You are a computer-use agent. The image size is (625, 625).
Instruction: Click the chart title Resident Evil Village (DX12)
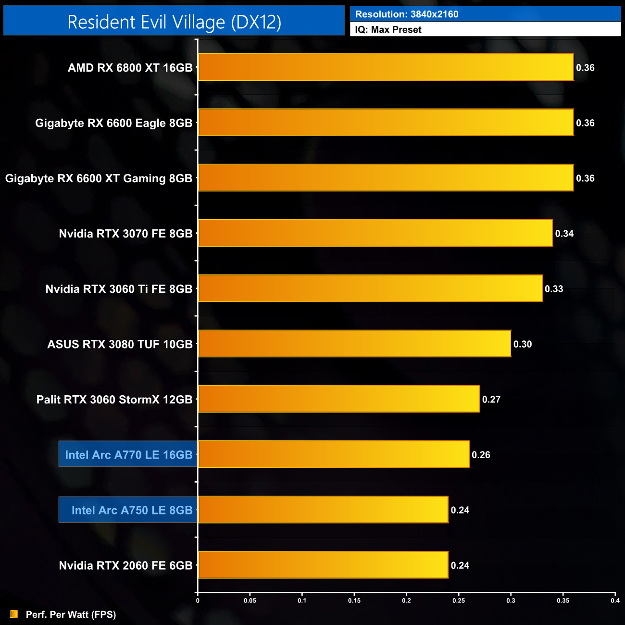click(174, 22)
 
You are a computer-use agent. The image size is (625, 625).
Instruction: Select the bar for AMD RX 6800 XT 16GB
click(386, 67)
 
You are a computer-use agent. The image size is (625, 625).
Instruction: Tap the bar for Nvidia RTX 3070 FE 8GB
click(375, 233)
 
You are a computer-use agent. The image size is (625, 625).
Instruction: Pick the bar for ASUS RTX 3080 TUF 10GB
click(354, 344)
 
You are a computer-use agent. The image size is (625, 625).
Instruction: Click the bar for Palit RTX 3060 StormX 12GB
click(338, 399)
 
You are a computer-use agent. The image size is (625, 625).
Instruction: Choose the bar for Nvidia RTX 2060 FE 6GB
click(323, 565)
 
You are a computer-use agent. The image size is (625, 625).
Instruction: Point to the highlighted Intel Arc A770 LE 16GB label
click(128, 454)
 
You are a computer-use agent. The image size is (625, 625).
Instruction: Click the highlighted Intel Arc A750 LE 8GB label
click(132, 510)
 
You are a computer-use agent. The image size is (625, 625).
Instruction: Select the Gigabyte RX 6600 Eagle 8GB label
click(113, 123)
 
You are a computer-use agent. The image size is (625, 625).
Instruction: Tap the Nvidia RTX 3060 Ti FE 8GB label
click(119, 289)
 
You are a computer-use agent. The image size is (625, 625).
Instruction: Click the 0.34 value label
click(564, 234)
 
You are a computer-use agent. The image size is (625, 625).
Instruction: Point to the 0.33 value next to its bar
click(554, 289)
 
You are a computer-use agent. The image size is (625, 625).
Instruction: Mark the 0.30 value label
click(523, 344)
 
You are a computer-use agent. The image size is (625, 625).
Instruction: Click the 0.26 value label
click(481, 455)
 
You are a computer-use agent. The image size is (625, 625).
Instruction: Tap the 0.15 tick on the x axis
click(354, 600)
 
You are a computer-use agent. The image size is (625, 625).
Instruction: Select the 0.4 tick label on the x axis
click(615, 600)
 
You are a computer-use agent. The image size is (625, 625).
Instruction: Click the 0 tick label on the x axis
click(198, 600)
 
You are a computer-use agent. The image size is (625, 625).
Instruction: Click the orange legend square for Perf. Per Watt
click(14, 614)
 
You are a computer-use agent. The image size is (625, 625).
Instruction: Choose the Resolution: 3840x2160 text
click(407, 14)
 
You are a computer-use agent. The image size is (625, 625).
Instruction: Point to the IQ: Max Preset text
click(388, 30)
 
